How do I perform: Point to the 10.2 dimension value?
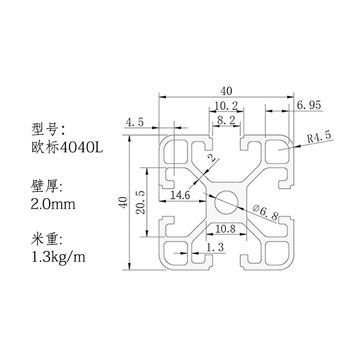tap(226, 106)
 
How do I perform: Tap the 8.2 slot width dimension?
tap(226, 120)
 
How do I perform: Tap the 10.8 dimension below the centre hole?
tap(225, 229)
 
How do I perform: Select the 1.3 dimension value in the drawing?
tap(215, 247)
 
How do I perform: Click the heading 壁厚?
tap(46, 185)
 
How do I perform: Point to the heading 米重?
tap(46, 239)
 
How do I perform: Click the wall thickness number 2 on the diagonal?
tap(211, 158)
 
